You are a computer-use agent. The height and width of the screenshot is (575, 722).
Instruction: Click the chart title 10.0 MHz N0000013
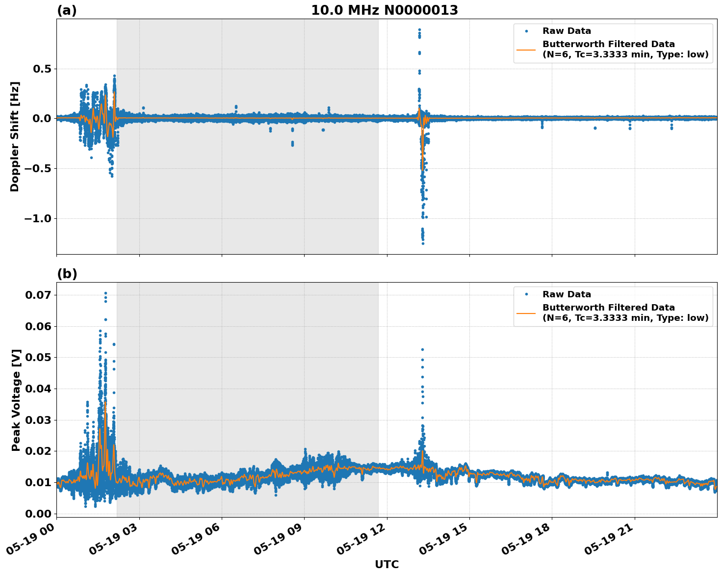pos(385,10)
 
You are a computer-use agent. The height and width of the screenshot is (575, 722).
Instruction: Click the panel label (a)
pos(67,10)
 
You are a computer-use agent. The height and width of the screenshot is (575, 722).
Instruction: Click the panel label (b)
pos(67,274)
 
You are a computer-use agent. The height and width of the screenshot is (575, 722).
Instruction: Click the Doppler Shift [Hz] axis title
pos(15,136)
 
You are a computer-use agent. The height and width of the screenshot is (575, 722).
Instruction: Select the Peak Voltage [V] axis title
pos(16,400)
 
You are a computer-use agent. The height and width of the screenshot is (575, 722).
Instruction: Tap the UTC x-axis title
pos(387,564)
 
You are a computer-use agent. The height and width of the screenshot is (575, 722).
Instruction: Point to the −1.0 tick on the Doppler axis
pos(37,218)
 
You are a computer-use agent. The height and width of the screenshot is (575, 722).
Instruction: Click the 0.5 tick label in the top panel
pos(42,69)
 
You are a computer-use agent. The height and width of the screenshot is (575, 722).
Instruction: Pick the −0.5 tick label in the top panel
pos(37,168)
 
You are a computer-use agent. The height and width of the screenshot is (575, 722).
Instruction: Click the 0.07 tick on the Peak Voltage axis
pos(38,295)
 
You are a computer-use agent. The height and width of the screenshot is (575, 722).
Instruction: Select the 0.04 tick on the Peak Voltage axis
pos(38,389)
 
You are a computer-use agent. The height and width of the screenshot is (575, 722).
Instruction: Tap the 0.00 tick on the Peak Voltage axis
pos(38,514)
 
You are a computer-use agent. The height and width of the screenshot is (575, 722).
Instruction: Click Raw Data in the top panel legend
pos(567,31)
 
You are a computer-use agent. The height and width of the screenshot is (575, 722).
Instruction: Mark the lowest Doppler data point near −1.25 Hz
pos(423,243)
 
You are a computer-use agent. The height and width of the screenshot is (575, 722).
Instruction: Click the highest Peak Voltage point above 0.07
pos(105,293)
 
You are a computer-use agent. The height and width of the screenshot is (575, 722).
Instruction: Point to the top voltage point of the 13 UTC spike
pos(422,350)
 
